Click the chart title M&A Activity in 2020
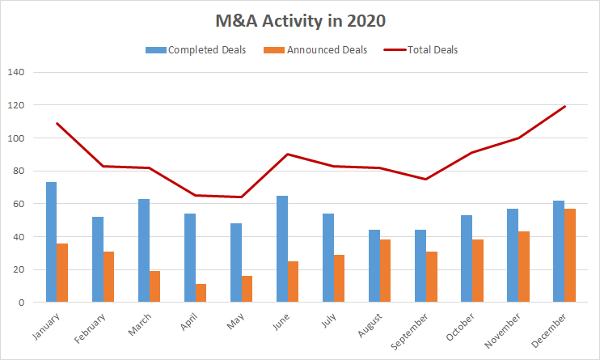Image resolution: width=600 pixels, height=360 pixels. click(299, 19)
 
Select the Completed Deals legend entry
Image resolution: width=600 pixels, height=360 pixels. click(207, 50)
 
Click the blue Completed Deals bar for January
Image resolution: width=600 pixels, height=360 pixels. click(51, 242)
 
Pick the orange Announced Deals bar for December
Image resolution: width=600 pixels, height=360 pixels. click(570, 255)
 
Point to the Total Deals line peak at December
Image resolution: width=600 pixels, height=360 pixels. click(564, 106)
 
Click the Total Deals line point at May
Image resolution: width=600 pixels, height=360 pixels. click(241, 197)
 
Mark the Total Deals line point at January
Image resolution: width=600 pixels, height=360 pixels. click(57, 123)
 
